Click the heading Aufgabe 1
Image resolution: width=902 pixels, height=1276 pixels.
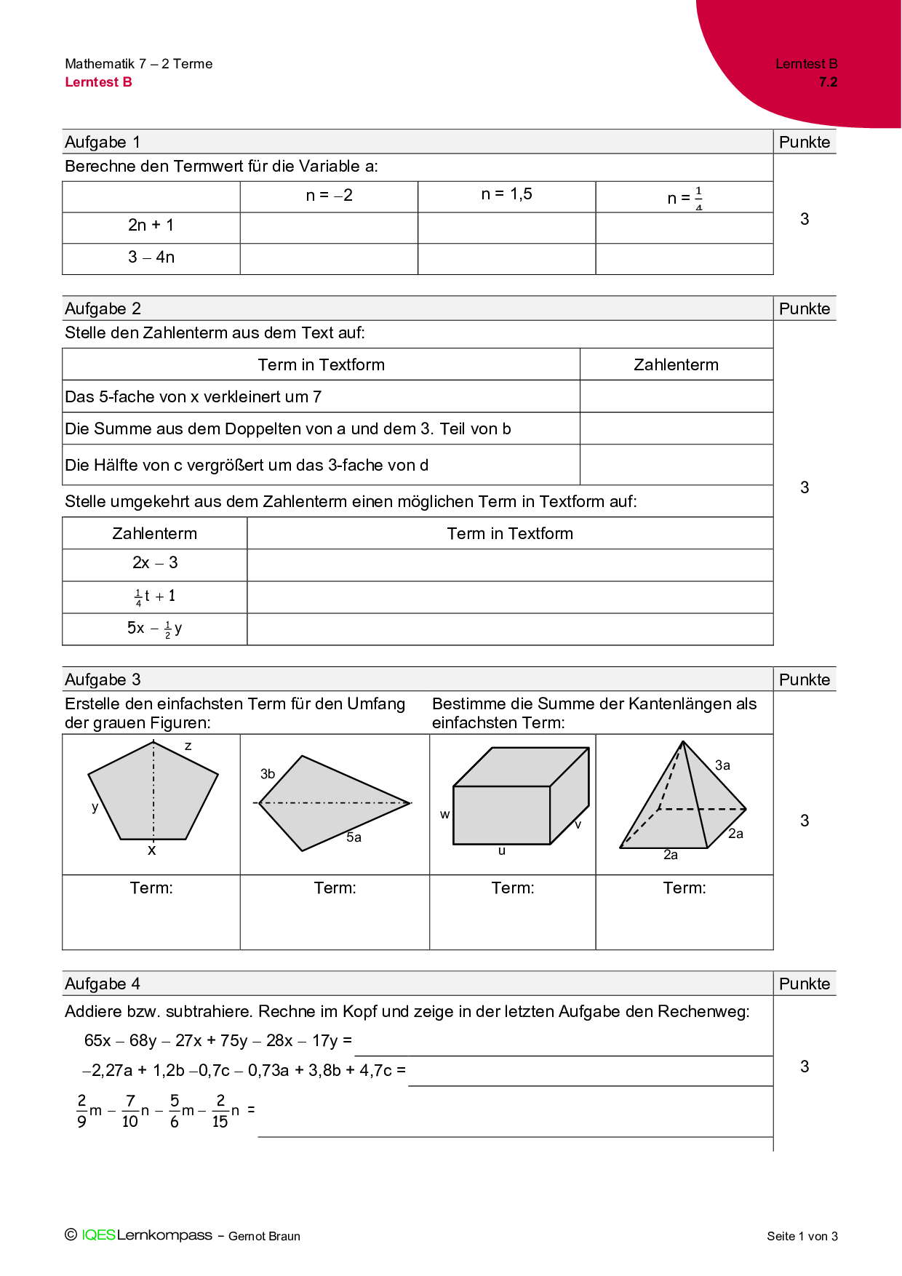coord(103,142)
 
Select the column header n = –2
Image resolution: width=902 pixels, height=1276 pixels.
coord(329,195)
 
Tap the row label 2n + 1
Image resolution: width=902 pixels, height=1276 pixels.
coord(151,226)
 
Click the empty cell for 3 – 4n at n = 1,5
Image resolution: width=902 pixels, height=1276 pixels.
coord(506,258)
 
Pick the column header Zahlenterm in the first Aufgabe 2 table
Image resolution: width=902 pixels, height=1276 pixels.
coord(676,364)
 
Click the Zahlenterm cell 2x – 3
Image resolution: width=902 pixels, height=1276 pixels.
coord(155,563)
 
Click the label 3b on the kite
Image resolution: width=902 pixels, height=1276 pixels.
coord(268,774)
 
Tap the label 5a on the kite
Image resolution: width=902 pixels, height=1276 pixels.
coord(354,837)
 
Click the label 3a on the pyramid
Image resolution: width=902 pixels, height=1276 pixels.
coord(722,765)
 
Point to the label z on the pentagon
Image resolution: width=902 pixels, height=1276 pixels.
coord(188,746)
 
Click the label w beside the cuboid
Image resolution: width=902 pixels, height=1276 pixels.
coord(444,815)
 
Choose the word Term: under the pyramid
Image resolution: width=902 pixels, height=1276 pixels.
coord(685,888)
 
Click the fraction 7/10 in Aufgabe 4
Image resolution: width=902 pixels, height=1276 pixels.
coord(130,1111)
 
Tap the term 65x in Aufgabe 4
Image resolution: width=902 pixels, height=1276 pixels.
coord(97,1040)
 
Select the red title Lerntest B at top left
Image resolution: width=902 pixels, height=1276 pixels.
coord(98,82)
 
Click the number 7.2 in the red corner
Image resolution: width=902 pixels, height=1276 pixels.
coord(828,82)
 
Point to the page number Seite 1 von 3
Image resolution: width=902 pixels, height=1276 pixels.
coord(802,1236)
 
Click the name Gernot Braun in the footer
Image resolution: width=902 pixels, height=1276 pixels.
coord(264,1236)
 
